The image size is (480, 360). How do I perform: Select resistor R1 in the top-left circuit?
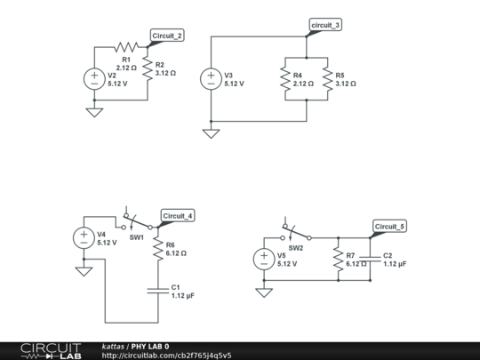[x=125, y=47]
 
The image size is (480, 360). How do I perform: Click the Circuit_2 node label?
[x=167, y=36]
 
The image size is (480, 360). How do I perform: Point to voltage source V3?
[x=211, y=78]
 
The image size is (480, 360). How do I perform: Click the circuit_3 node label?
[x=325, y=25]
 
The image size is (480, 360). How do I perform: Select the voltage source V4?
[x=84, y=238]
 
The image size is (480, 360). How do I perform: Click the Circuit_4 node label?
[x=178, y=216]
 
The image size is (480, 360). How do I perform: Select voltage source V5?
[x=263, y=260]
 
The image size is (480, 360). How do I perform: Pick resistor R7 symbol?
[x=339, y=260]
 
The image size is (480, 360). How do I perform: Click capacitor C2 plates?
[x=370, y=260]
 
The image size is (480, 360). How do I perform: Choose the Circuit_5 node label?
[x=389, y=228]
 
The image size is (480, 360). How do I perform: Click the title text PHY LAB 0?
[x=150, y=346]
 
